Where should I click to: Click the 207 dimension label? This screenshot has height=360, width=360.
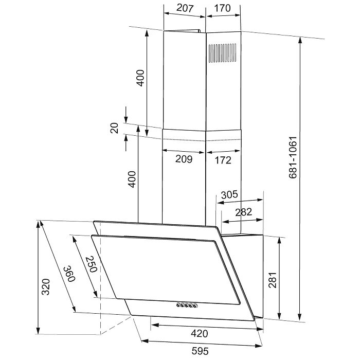coord(185,8)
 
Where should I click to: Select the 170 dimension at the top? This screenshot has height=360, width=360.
coord(222,8)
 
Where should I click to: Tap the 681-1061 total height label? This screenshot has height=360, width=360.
coord(293,157)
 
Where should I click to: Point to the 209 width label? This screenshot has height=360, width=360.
coord(184,159)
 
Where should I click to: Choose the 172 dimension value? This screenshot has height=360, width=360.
coord(223,160)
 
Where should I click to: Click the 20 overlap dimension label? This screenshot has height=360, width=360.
coord(114,128)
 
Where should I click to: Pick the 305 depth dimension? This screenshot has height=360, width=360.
coord(229,195)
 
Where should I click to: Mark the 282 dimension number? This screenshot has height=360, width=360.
coord(244,212)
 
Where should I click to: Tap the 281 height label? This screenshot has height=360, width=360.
coord(273,280)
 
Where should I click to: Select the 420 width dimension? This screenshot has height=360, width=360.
coord(200,333)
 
